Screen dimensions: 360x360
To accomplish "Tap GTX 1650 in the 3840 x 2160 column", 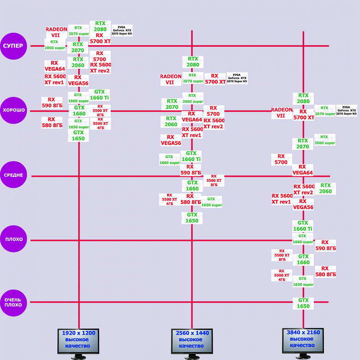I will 303,303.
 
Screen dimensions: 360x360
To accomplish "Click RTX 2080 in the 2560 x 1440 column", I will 193,62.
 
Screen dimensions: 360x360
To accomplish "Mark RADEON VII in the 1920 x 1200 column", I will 56,32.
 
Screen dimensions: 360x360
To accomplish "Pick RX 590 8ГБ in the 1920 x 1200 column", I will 52,102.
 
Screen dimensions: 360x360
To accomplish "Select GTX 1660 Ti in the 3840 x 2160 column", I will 303,226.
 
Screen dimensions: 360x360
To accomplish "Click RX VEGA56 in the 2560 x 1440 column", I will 171,140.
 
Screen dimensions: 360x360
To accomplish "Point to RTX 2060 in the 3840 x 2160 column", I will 325,188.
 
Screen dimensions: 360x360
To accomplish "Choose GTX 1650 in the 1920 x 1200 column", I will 78,136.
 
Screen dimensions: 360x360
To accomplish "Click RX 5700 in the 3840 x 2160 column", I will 281,159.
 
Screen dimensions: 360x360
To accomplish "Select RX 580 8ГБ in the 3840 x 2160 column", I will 325,271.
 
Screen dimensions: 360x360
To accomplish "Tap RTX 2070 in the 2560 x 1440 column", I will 172,104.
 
